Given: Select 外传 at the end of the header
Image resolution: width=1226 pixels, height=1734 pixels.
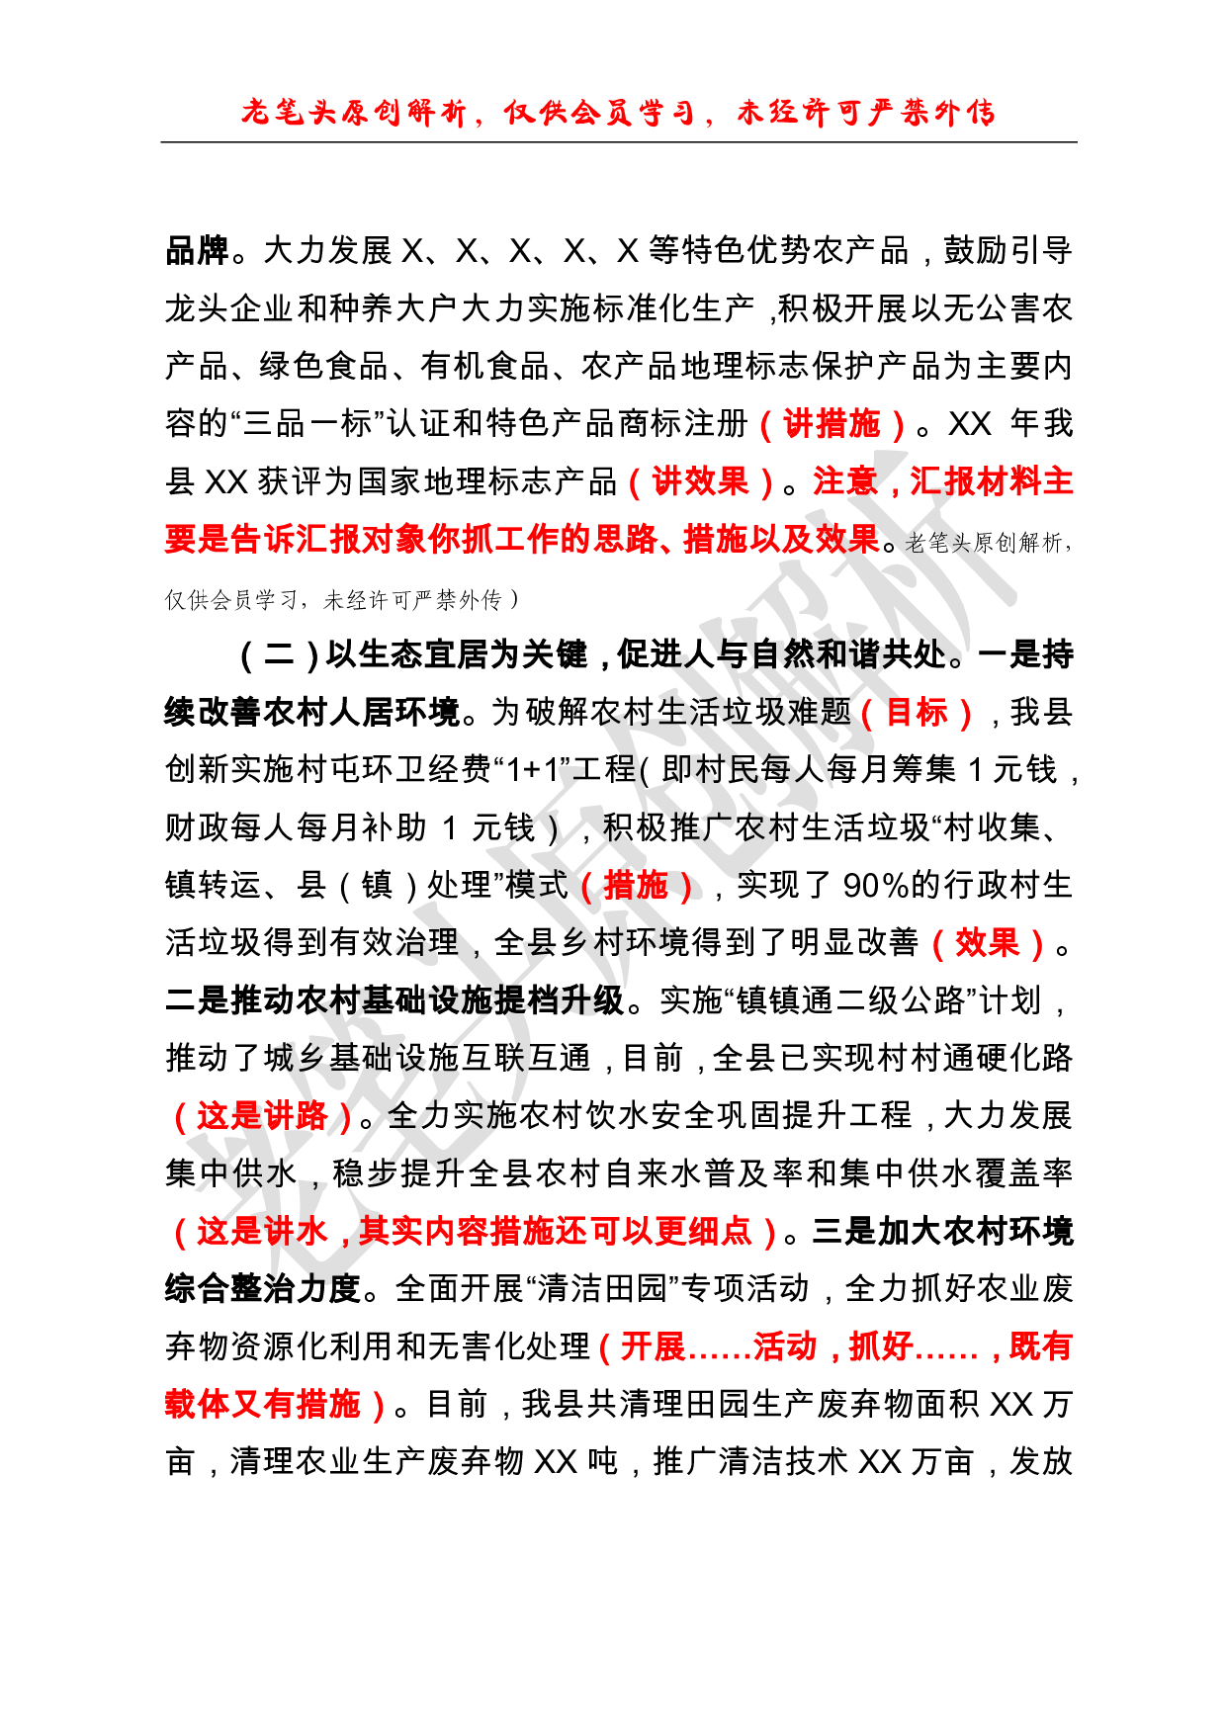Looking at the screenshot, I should tap(964, 114).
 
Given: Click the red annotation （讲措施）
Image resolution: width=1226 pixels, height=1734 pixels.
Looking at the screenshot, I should tap(832, 425).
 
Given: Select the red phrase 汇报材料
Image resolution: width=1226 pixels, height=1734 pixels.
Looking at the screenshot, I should tap(975, 482).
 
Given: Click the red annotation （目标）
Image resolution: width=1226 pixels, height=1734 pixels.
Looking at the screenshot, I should tap(917, 713).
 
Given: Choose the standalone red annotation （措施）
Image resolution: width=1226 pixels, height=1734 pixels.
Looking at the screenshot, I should tap(637, 885).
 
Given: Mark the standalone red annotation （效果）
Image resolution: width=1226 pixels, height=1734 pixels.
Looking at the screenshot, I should tap(987, 944).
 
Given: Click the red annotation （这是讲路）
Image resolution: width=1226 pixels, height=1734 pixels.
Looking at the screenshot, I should tap(262, 1116).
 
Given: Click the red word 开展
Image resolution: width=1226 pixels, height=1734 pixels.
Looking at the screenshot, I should tap(653, 1347).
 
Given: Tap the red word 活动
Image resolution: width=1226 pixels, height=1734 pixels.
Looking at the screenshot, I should tap(785, 1347).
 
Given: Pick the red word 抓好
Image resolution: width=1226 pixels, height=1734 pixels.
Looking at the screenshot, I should tap(880, 1347).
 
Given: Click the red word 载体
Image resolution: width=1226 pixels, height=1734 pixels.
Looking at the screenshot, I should tap(197, 1405).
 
